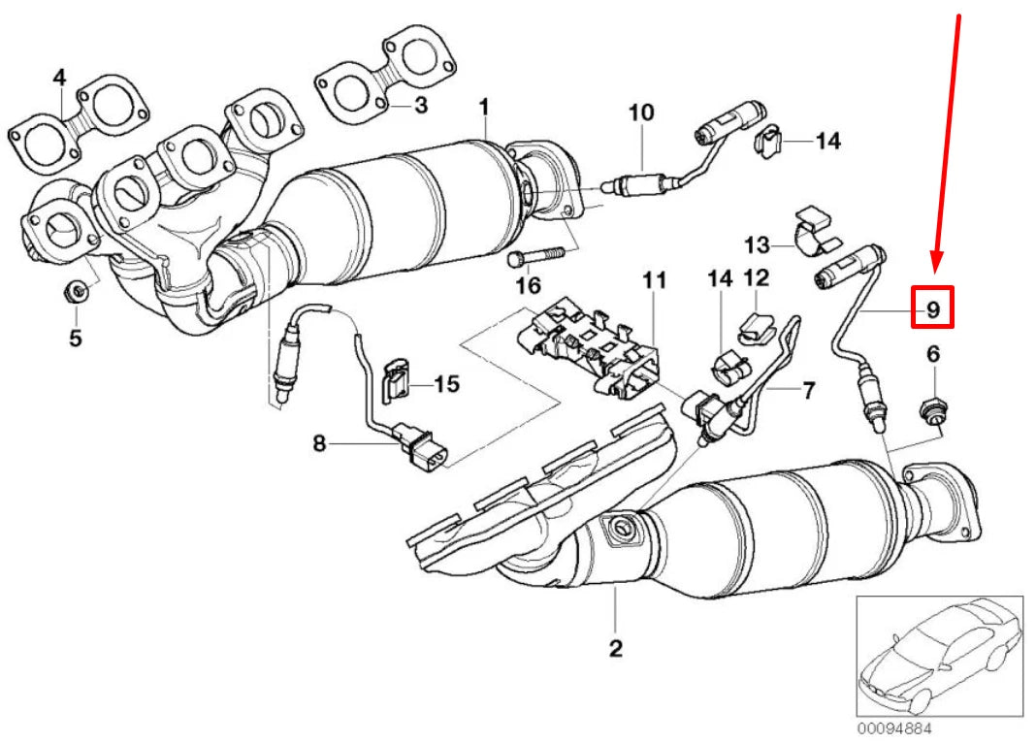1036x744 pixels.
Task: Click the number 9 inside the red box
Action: (931, 309)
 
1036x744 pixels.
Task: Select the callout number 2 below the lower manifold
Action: (616, 648)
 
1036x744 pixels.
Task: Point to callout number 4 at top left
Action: (59, 77)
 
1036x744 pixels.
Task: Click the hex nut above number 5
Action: (76, 290)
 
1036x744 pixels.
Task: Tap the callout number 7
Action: (808, 391)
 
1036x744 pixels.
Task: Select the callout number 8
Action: (319, 444)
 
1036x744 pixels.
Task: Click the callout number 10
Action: (642, 113)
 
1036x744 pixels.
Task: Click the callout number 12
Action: (757, 278)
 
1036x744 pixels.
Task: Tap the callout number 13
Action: (757, 243)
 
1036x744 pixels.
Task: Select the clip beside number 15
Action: (396, 380)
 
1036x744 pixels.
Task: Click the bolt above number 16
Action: (534, 258)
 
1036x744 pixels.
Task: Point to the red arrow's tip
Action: (935, 269)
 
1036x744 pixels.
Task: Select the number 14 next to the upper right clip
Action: (826, 142)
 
